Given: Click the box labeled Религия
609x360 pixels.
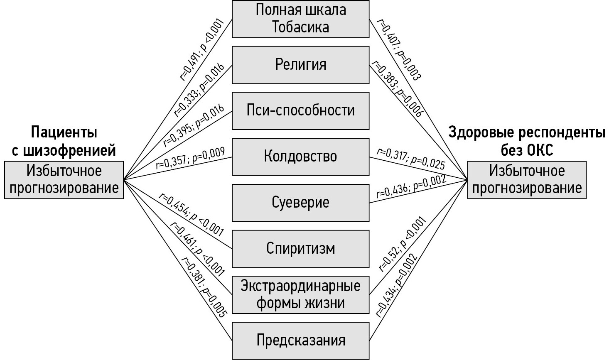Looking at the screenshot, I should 300,65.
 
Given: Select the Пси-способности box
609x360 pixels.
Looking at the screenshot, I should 300,110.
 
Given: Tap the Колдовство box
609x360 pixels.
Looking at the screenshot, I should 300,157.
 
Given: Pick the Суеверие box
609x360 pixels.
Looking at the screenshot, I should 300,203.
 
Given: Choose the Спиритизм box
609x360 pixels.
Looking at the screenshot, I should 300,248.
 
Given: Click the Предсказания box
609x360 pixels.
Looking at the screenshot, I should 300,340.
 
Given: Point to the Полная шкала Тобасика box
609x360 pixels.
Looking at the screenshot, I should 300,19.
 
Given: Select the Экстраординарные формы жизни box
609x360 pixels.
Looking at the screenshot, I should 300,294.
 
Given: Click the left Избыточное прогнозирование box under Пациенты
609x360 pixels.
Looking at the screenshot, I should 64,180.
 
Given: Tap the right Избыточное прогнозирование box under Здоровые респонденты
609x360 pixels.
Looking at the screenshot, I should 527,180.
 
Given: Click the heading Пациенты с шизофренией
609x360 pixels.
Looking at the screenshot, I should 64,141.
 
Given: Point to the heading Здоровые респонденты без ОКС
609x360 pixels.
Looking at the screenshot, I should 527,141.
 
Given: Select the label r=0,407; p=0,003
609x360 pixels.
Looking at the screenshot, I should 398,50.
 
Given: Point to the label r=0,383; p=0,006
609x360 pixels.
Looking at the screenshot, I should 397,88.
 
